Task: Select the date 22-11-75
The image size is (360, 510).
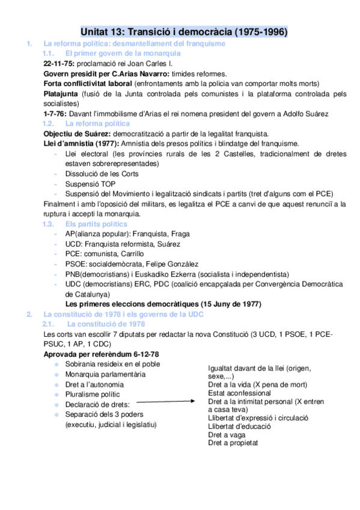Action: tap(58, 63)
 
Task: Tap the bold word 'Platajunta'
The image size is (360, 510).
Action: tap(62, 94)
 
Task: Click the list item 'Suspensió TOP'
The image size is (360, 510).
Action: tap(88, 183)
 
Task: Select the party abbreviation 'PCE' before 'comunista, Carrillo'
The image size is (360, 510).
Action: tap(73, 254)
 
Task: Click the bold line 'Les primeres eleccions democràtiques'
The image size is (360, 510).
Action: tap(162, 304)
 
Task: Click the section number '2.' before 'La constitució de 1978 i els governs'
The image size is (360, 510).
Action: tap(29, 315)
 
